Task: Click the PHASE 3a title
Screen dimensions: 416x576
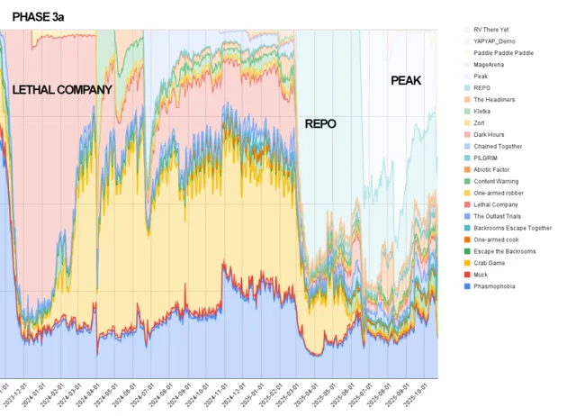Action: tap(37, 15)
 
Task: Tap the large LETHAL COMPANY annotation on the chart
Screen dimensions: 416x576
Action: tap(62, 90)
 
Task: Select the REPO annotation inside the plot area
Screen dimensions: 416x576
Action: tap(320, 123)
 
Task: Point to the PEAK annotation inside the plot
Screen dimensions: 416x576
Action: tap(406, 80)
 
